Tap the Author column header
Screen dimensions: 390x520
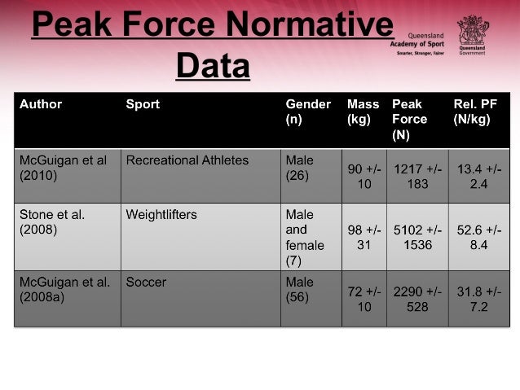pos(41,104)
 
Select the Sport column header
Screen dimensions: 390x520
pos(143,104)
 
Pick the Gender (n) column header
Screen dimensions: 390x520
pos(307,112)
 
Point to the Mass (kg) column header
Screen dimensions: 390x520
pos(363,112)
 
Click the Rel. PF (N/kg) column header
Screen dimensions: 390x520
pos(476,112)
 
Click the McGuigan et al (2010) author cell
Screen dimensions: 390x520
pos(63,168)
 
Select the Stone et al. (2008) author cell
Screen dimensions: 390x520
pos(52,222)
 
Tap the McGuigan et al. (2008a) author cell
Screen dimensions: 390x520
pos(64,290)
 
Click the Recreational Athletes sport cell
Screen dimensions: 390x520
pos(187,160)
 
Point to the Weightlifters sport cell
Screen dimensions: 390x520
pos(161,215)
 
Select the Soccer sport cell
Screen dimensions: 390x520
pos(146,283)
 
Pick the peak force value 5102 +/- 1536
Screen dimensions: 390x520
pos(417,237)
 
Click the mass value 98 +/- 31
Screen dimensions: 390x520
pos(363,237)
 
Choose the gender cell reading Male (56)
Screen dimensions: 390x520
pos(299,290)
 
